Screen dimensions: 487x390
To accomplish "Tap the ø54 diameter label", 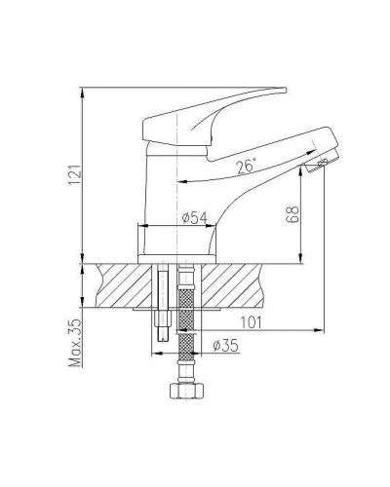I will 193,218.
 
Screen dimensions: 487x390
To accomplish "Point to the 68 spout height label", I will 291,216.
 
